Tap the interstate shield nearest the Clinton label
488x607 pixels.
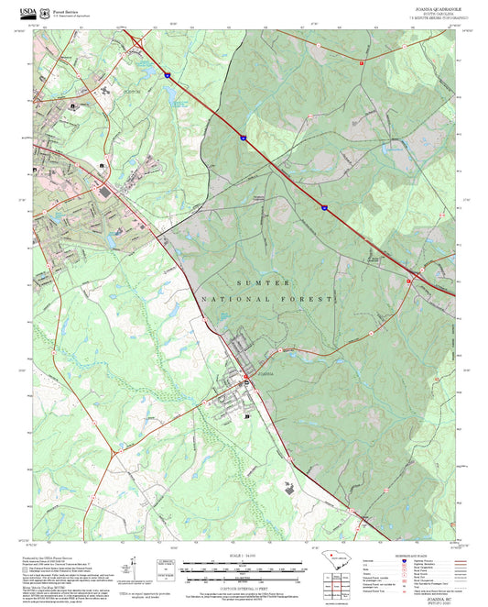click(x=168, y=75)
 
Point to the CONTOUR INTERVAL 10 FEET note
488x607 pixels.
click(x=244, y=587)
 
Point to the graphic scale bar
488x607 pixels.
click(x=244, y=568)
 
